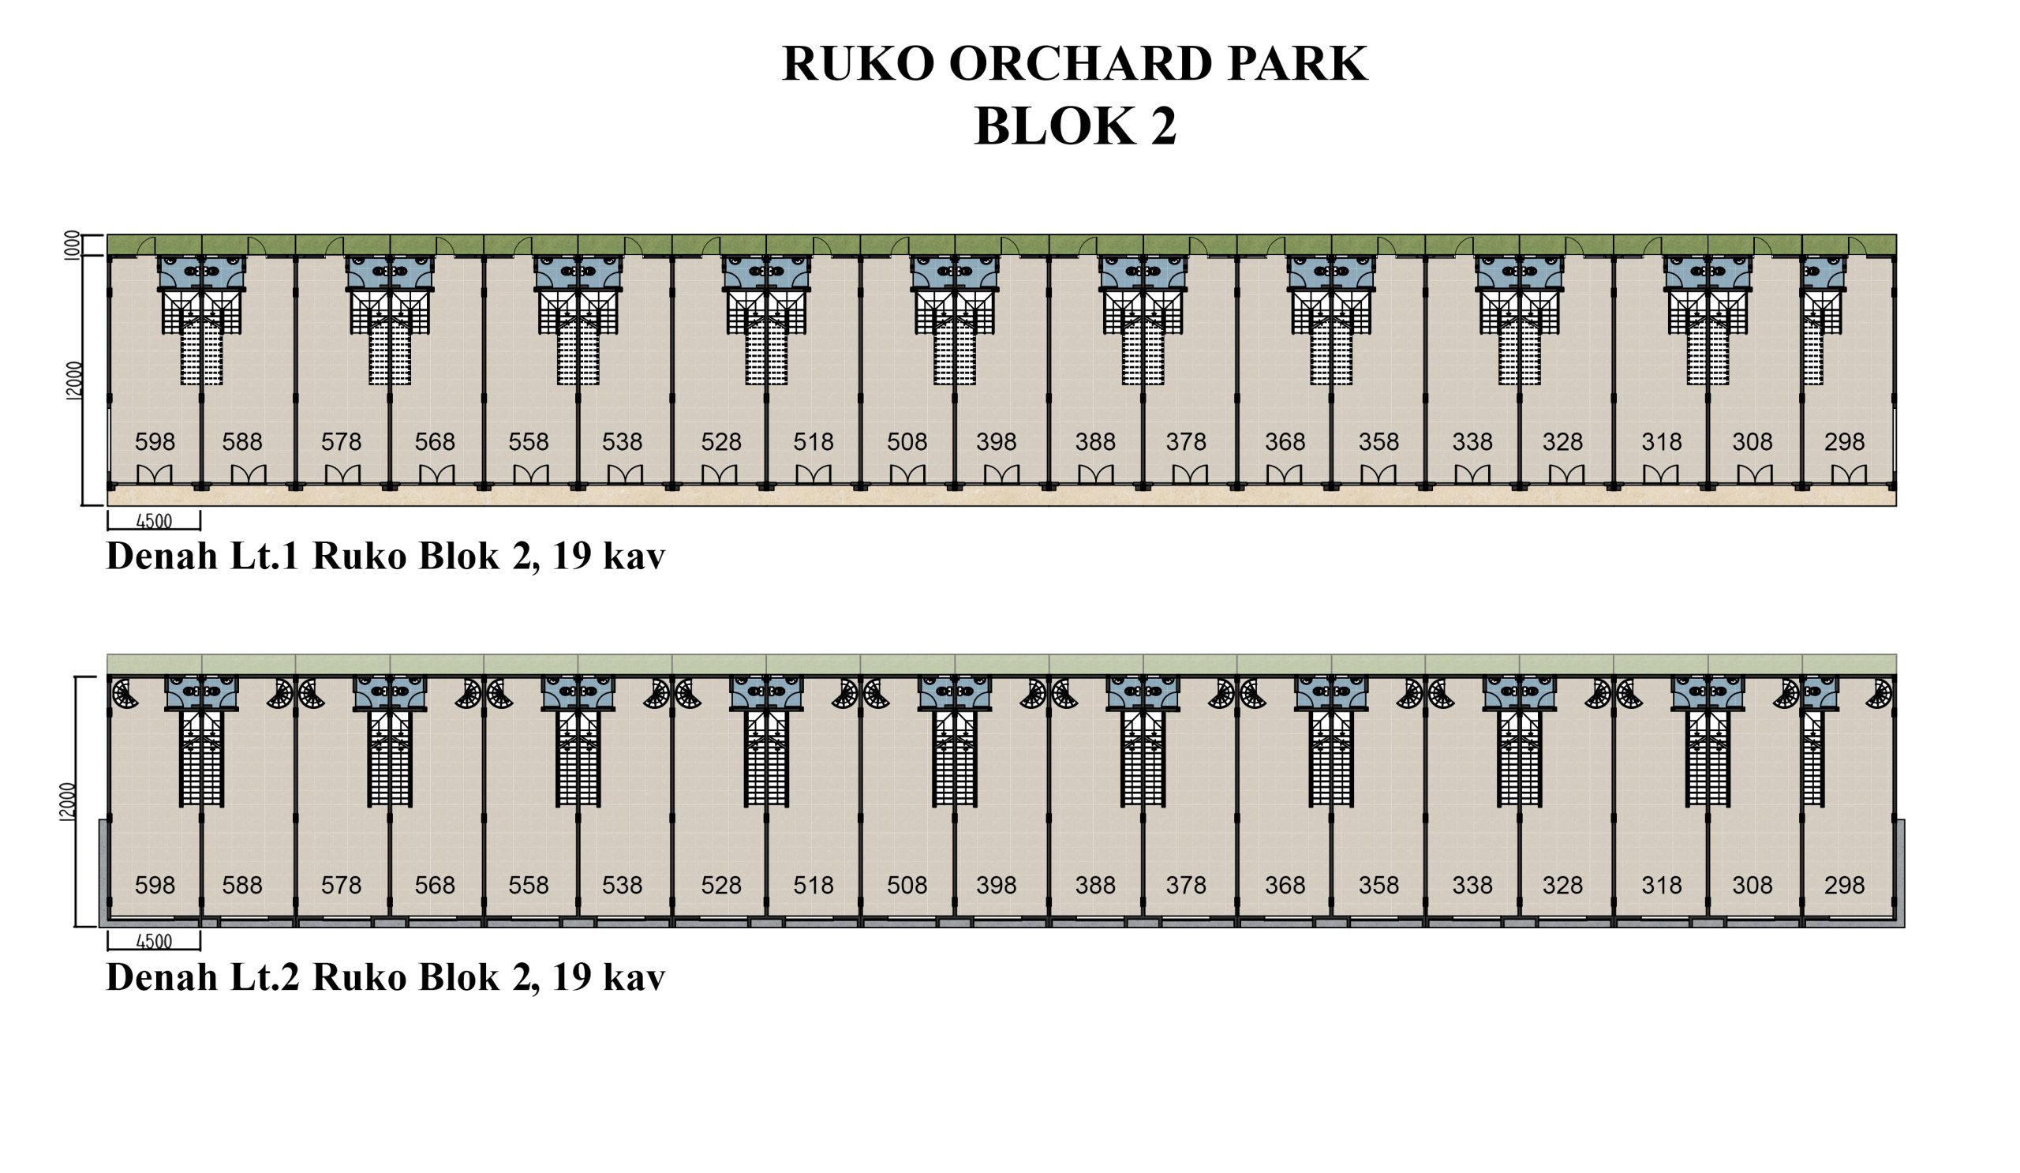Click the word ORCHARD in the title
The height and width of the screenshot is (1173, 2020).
pyautogui.click(x=1079, y=63)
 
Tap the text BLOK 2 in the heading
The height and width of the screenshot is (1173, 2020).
pyautogui.click(x=1075, y=126)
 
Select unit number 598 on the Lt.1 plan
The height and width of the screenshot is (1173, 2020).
pyautogui.click(x=155, y=442)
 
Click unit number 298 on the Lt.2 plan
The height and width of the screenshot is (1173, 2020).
pyautogui.click(x=1844, y=885)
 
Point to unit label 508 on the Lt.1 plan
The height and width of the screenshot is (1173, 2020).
pyautogui.click(x=907, y=442)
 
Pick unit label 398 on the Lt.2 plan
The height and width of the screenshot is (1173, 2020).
pyautogui.click(x=997, y=885)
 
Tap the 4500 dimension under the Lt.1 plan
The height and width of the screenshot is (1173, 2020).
pyautogui.click(x=154, y=521)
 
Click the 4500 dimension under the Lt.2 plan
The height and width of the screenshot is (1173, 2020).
pyautogui.click(x=154, y=941)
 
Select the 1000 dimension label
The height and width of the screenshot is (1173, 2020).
pyautogui.click(x=73, y=245)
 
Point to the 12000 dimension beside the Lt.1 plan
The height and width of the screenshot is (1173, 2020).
pyautogui.click(x=73, y=380)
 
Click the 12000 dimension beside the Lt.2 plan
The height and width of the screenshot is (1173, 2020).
pyautogui.click(x=67, y=802)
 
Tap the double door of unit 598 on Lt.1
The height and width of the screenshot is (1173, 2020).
pyautogui.click(x=154, y=474)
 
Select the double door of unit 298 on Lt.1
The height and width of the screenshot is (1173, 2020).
pyautogui.click(x=1849, y=474)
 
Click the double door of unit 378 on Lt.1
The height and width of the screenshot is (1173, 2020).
pyautogui.click(x=1190, y=474)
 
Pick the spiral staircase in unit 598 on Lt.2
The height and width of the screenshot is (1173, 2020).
pyautogui.click(x=124, y=694)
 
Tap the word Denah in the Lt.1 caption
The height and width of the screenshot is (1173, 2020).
pyautogui.click(x=162, y=556)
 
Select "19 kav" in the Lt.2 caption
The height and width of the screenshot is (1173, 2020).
pyautogui.click(x=608, y=976)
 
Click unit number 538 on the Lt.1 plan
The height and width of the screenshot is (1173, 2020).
pyautogui.click(x=622, y=442)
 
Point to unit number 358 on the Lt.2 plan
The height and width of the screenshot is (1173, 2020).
pyautogui.click(x=1378, y=885)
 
